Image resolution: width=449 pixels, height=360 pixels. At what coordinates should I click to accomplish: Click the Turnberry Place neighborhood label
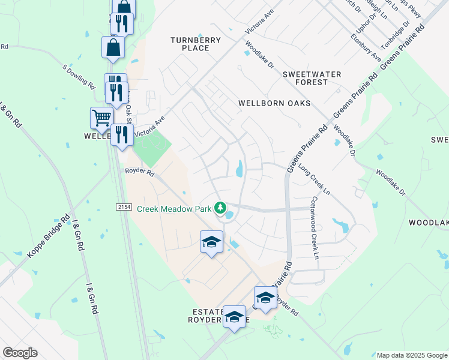196,44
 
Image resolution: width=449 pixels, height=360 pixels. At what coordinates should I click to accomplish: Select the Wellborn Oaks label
274,103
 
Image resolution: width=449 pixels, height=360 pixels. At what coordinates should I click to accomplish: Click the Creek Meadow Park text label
176,209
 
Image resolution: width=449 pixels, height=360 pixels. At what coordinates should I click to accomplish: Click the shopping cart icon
102,117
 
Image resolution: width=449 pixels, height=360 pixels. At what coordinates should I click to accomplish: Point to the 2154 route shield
124,206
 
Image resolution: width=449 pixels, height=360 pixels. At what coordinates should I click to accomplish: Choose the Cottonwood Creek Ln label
314,228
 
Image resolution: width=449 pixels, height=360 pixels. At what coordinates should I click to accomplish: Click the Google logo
20,353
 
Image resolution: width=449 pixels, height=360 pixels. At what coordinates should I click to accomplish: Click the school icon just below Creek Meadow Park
211,242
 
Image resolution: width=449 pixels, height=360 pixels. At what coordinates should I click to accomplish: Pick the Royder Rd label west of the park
140,173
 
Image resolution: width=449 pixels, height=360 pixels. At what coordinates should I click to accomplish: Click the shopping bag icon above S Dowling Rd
113,47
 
